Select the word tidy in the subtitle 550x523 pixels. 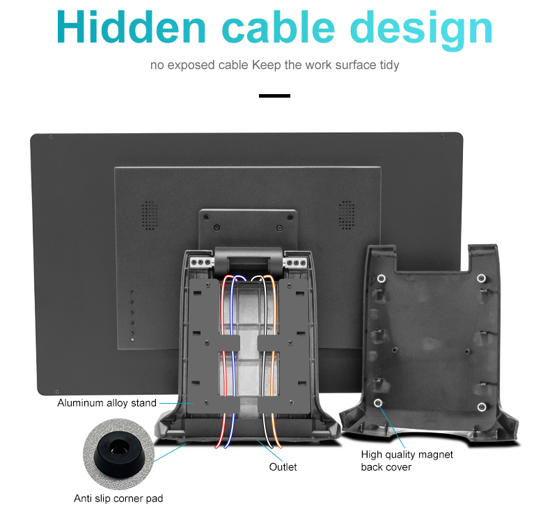coord(388,65)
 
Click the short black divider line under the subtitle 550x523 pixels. coord(274,95)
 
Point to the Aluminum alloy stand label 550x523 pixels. coord(107,403)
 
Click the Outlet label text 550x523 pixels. coord(283,467)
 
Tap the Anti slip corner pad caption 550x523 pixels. coord(118,498)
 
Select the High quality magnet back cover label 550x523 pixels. coord(407,460)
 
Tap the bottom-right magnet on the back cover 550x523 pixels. coord(481,407)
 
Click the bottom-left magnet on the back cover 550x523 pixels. coord(378,404)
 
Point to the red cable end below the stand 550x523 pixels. coord(224,445)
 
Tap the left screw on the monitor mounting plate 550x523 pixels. coord(216,228)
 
